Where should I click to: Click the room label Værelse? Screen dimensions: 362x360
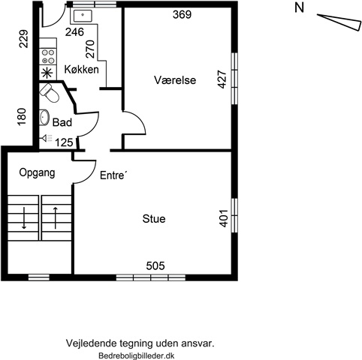coord(175,80)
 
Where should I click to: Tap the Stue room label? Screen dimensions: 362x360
coord(154,219)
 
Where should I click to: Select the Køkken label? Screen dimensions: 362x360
coord(82,69)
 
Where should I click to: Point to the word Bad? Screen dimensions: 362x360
coord(62,122)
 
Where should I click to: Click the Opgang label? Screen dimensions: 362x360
coord(37,172)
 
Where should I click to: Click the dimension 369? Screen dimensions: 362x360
coord(183,14)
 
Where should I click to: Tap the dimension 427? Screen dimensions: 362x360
coord(222,79)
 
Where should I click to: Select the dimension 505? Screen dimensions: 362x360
coord(155,265)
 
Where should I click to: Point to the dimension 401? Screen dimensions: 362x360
coord(224,218)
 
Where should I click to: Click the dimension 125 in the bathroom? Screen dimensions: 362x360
coord(64,142)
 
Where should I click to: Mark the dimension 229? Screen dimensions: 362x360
coord(24,39)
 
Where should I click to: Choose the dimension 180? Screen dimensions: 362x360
coord(22,117)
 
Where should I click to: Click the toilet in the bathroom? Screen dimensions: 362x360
coord(50,93)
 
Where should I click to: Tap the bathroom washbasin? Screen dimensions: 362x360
coord(44,117)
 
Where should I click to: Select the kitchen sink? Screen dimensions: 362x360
coord(83,16)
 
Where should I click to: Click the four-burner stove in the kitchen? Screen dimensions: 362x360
coord(48,56)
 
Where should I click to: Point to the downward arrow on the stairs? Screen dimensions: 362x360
coord(24,217)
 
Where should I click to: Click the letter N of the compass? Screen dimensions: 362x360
coord(299,7)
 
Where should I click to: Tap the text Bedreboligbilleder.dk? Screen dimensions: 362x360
coord(137,355)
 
